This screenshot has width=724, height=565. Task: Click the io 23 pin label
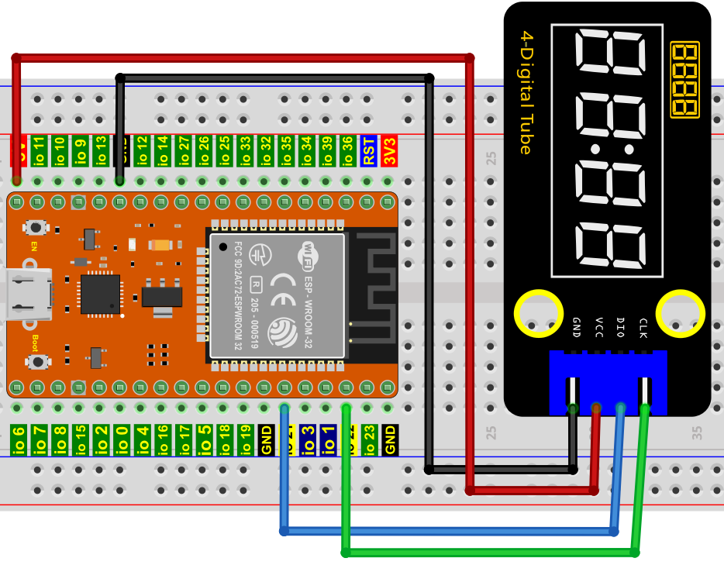coord(369,439)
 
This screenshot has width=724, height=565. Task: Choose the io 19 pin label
coord(245,439)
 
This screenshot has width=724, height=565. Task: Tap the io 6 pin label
coord(19,439)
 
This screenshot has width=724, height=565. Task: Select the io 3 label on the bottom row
coord(308,439)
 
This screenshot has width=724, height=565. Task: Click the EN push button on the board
coord(34,228)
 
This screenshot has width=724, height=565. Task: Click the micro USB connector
coord(27,295)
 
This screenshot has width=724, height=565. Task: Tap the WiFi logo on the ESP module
coord(308,253)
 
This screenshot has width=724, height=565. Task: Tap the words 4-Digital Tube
coord(526,92)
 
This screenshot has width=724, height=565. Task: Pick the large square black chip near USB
coord(100,295)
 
